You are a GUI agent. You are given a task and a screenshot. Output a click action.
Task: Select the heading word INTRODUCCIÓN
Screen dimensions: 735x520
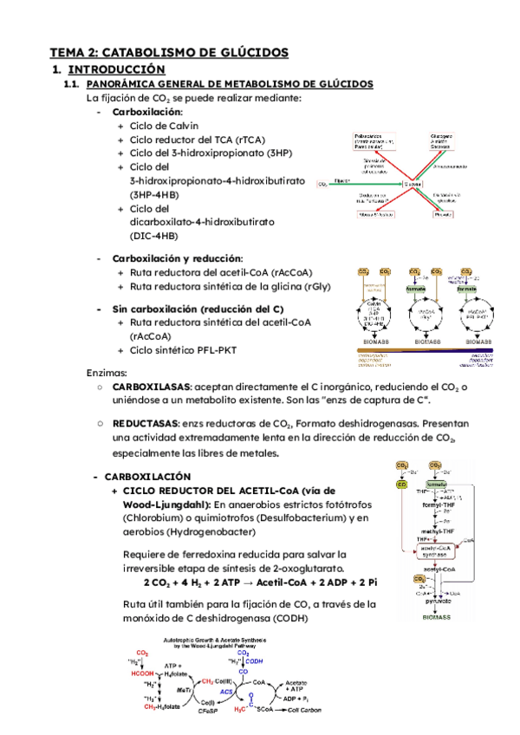point(117,68)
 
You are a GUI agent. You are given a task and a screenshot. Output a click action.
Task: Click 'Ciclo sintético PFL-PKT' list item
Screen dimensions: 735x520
point(182,350)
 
